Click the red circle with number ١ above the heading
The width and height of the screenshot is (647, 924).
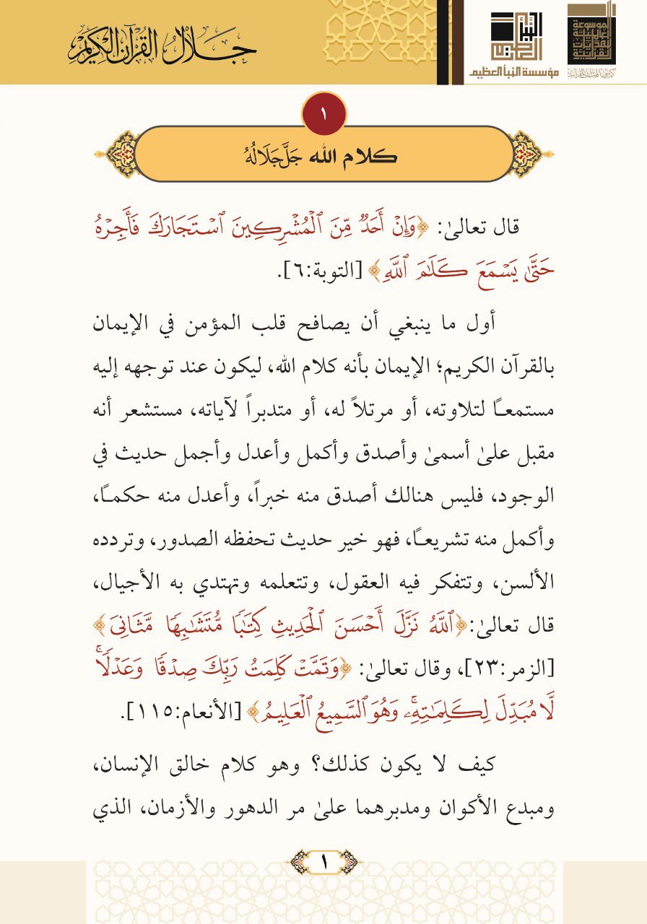point(323,113)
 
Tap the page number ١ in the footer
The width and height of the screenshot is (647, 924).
point(323,861)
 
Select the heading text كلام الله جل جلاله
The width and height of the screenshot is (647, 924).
point(323,154)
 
